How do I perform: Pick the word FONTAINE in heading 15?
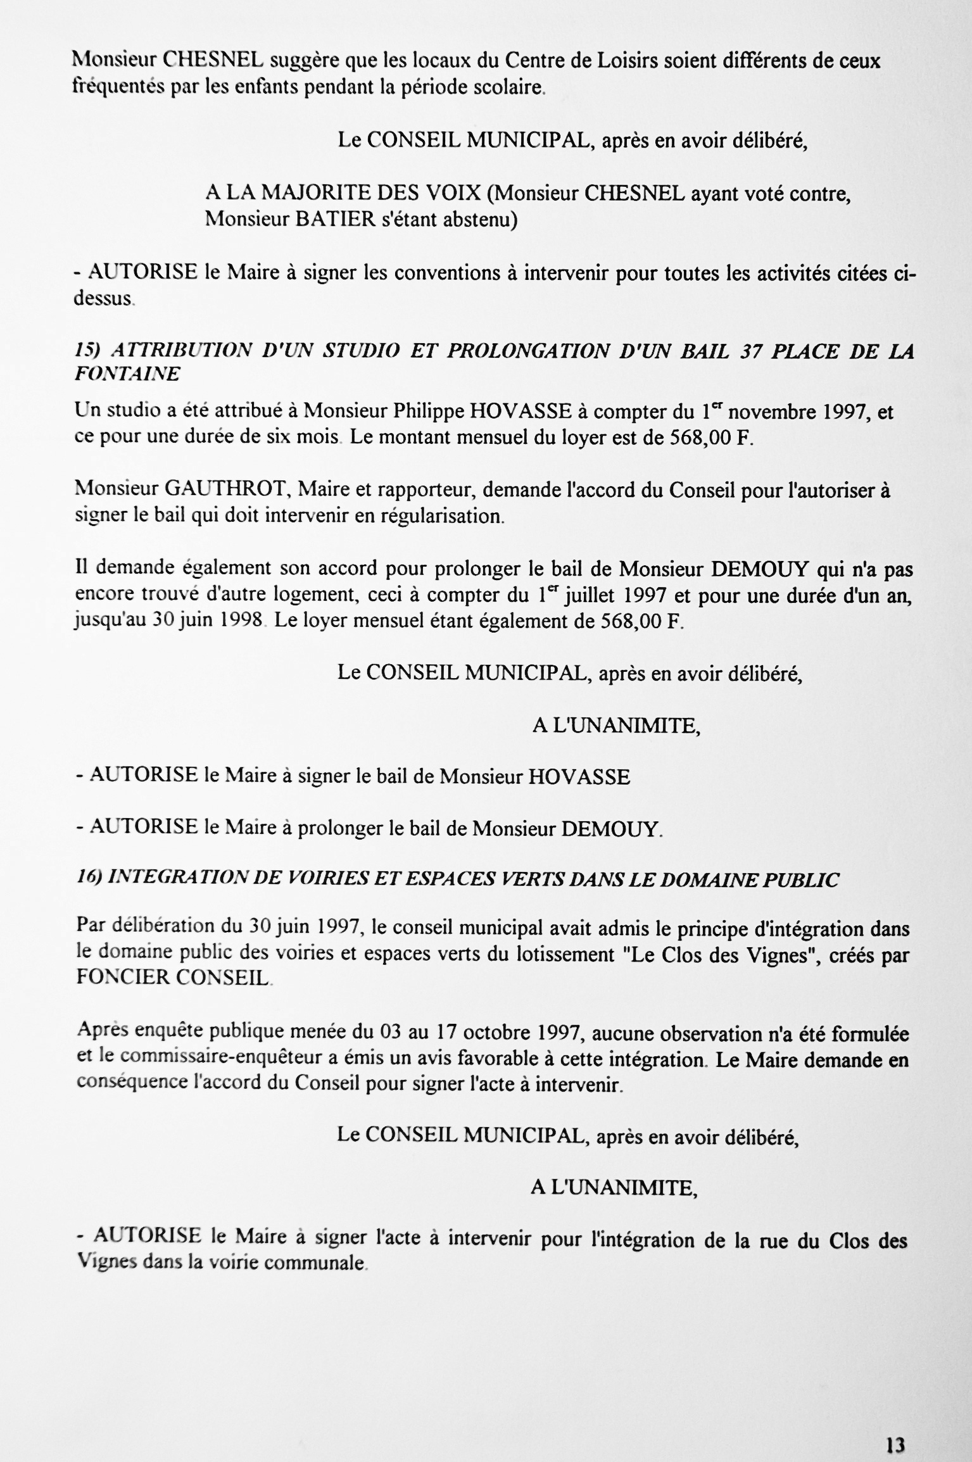tap(127, 375)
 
